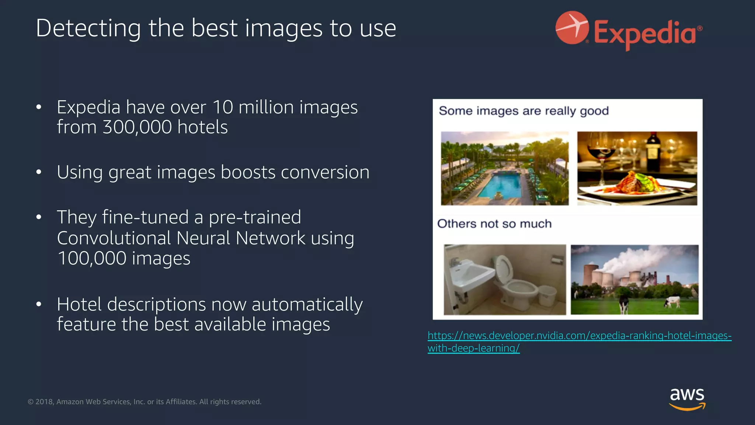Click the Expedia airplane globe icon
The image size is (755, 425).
pos(572,28)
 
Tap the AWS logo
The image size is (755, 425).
pos(687,398)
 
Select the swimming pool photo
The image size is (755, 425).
pos(505,168)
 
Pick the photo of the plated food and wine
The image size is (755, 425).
pos(637,168)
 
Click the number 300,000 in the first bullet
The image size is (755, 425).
pos(137,127)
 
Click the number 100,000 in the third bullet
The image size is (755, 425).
pos(92,258)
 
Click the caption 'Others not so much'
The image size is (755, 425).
pos(494,224)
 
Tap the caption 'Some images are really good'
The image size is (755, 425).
pos(523,111)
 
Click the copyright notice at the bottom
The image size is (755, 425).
pos(145,402)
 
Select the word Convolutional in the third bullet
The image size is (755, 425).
pos(114,238)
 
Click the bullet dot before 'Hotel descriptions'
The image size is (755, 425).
pos(39,304)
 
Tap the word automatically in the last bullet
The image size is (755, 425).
pos(307,305)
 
